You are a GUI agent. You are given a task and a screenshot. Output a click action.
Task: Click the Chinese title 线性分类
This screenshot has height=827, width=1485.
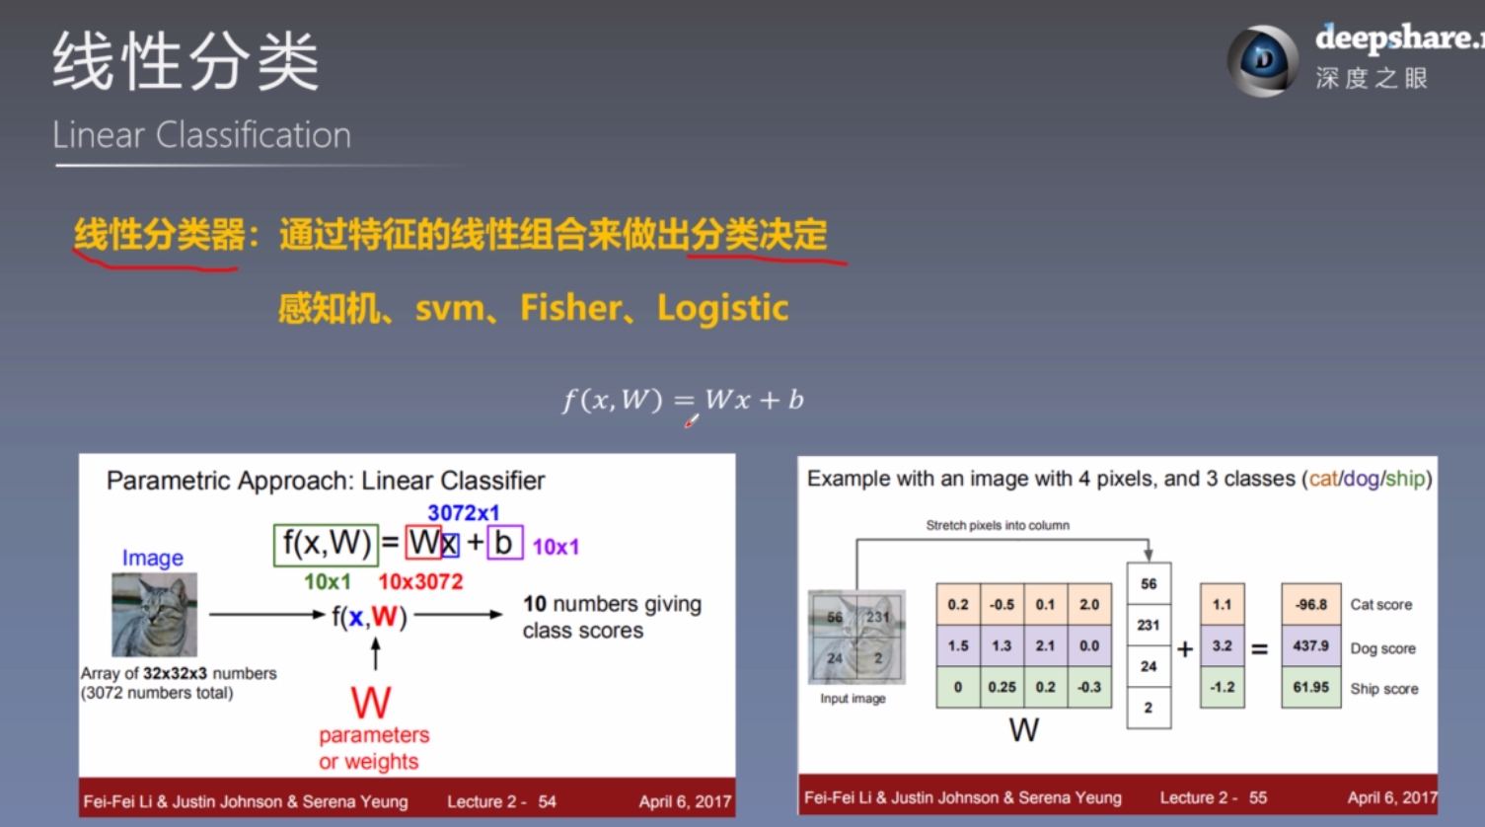point(186,62)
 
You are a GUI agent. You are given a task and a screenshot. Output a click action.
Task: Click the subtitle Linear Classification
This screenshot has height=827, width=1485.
point(201,135)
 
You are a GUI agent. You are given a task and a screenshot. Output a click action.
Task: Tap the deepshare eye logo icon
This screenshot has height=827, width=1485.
point(1262,60)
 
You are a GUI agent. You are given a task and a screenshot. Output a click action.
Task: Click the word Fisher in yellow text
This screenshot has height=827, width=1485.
point(570,308)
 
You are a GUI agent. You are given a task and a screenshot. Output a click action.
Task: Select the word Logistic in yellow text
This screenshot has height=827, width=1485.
point(722,308)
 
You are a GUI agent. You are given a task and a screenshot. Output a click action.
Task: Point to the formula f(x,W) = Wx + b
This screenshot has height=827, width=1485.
point(683,400)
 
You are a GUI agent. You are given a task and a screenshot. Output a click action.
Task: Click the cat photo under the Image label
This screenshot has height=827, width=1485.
point(154,615)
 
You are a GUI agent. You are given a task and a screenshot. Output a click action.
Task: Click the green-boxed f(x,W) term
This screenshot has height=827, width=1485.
point(326,543)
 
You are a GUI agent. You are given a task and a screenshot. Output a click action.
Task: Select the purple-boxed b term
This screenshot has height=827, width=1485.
point(504,543)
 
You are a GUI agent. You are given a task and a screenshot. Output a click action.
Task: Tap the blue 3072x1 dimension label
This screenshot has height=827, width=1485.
point(463,512)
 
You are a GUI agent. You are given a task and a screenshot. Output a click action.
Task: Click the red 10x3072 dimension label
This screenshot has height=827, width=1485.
point(420,582)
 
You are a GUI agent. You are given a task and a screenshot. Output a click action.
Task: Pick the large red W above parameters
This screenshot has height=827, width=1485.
point(371,703)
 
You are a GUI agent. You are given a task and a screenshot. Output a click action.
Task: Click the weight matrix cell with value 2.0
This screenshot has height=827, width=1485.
point(1089,604)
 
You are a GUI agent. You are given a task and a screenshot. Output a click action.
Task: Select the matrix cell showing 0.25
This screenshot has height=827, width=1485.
point(1002,687)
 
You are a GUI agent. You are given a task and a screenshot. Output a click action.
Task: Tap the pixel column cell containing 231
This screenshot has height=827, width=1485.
point(1149,625)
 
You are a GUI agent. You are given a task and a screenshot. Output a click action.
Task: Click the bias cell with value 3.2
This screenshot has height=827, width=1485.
point(1222,645)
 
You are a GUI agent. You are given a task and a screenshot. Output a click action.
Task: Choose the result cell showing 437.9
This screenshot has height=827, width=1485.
point(1310,645)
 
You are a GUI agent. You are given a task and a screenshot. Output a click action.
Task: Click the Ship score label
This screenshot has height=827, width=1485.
point(1383,689)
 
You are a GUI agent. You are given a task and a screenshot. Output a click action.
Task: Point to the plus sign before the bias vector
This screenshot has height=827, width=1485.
point(1185,648)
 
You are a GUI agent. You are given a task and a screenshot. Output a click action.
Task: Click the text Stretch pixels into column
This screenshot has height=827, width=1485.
point(997,525)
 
